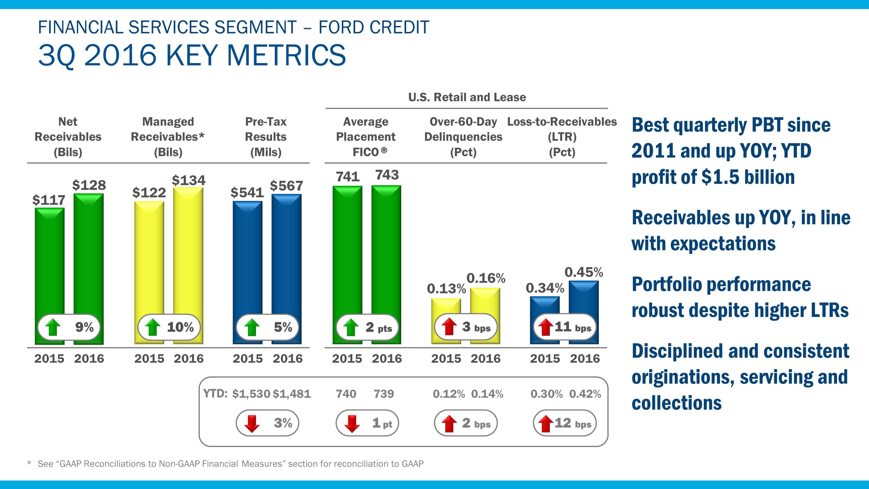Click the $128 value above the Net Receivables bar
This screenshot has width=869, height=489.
(89, 185)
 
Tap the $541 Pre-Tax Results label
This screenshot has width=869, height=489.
(247, 192)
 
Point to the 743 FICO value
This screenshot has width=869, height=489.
(387, 175)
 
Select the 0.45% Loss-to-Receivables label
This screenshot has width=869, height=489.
(584, 272)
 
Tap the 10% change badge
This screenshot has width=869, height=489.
(169, 327)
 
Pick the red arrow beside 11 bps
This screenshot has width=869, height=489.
(545, 327)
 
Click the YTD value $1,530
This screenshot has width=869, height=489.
(251, 394)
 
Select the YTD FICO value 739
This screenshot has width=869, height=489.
(384, 394)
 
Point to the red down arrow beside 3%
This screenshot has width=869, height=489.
(252, 423)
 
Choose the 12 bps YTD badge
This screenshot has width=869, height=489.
(565, 423)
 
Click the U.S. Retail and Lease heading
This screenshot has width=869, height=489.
(467, 97)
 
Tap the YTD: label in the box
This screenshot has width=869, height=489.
(215, 394)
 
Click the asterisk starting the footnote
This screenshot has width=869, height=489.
(29, 463)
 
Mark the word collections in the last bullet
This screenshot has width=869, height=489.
(676, 403)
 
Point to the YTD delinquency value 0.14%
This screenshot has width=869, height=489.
(487, 394)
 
